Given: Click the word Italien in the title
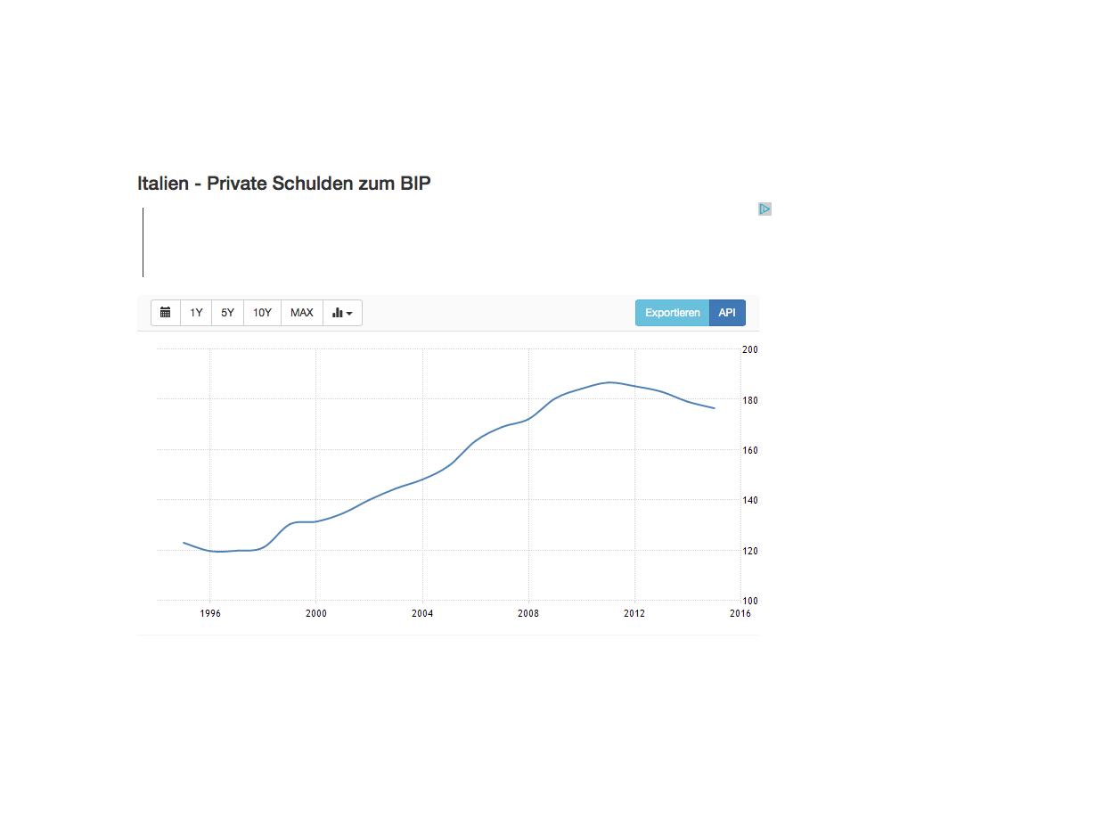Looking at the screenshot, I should coord(163,184).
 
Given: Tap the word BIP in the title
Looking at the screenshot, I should coord(415,184).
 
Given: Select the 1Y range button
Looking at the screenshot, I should coord(196,313).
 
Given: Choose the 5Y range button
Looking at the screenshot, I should coord(228,313).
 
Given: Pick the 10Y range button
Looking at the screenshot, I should coord(262,313).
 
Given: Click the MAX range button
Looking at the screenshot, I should coord(302,313).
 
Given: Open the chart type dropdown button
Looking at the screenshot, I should coord(342,313).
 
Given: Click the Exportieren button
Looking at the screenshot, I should coord(673,313).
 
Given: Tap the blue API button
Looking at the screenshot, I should coord(727,313).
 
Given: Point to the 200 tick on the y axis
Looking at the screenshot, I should coord(750,349).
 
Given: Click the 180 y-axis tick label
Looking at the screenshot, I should coord(750,400).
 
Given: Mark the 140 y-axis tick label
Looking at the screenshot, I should coord(750,501).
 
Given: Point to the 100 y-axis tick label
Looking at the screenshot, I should coord(750,601).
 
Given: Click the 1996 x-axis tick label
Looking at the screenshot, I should coord(210,613).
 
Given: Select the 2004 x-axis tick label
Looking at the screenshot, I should coord(422,613).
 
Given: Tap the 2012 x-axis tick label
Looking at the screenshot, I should coord(634,613).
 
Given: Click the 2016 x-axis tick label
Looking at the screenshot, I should coord(740,613).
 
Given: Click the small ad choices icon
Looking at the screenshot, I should coord(764,209).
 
